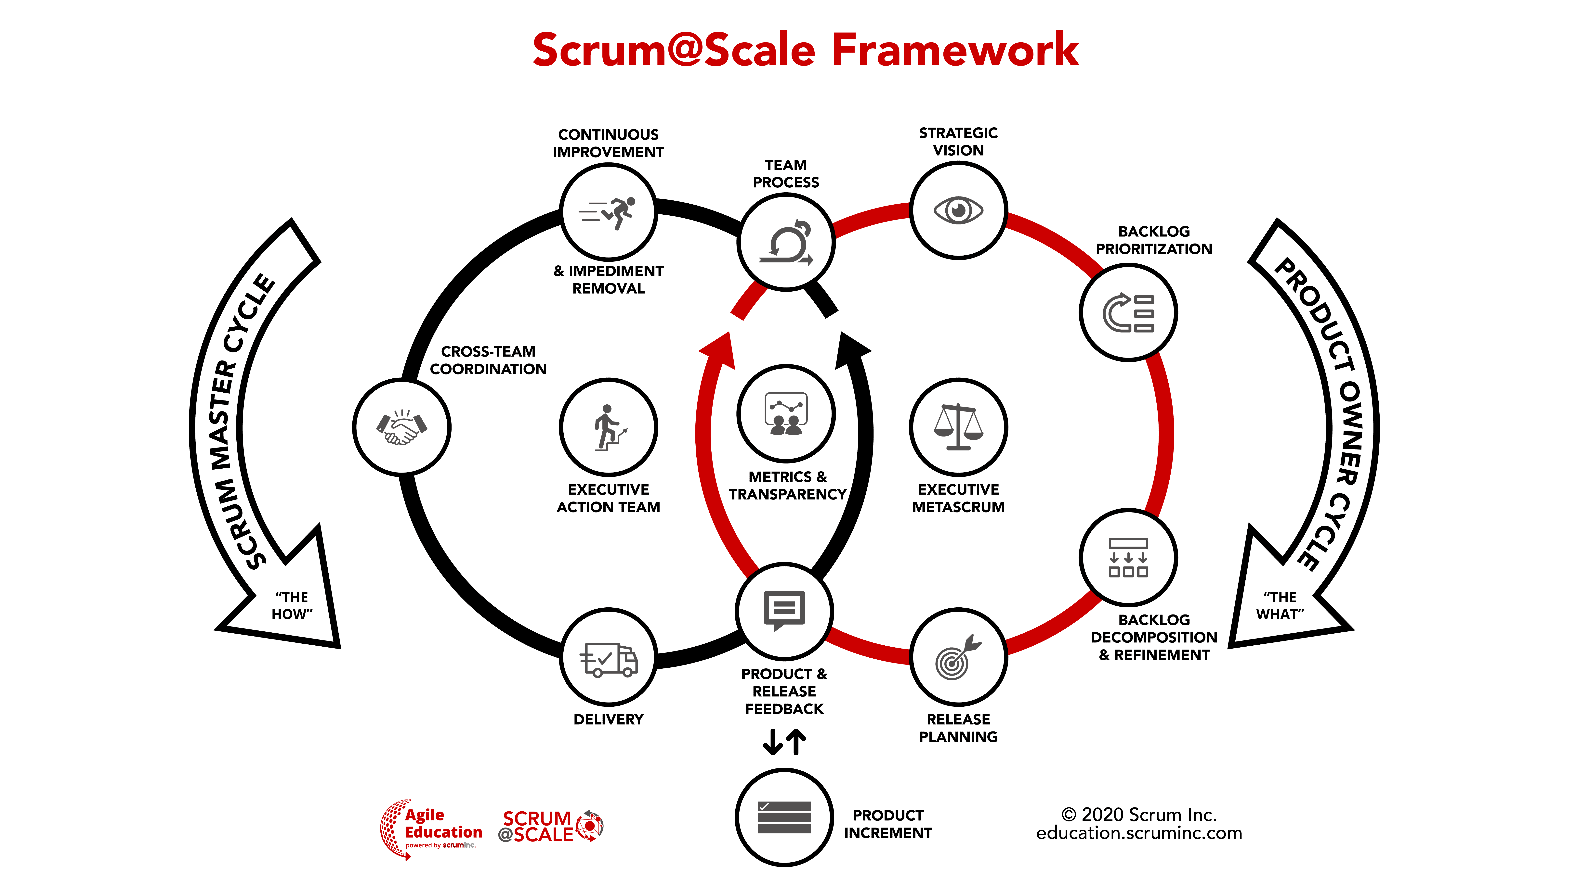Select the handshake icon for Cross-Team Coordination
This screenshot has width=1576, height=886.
pyautogui.click(x=401, y=427)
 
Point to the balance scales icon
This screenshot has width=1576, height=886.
pyautogui.click(x=958, y=427)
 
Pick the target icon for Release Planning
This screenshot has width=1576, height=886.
pyautogui.click(x=958, y=657)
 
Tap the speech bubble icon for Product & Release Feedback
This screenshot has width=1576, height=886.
pyautogui.click(x=784, y=610)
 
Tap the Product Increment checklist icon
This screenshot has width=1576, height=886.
pyautogui.click(x=784, y=817)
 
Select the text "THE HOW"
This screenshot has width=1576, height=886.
pyautogui.click(x=292, y=605)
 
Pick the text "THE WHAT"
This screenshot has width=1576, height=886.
pyautogui.click(x=1280, y=605)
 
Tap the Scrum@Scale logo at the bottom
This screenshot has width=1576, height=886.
pyautogui.click(x=551, y=827)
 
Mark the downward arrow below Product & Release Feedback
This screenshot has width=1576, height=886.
pyautogui.click(x=773, y=742)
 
